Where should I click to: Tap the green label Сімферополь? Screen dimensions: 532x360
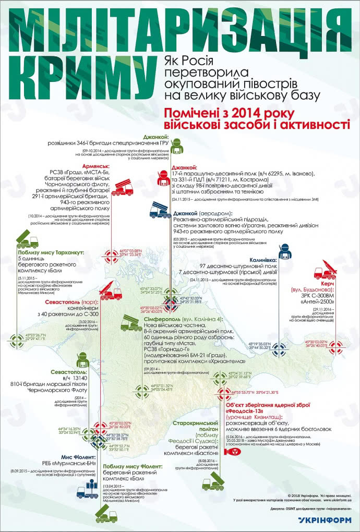[161, 319]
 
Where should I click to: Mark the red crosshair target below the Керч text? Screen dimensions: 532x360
[334, 344]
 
